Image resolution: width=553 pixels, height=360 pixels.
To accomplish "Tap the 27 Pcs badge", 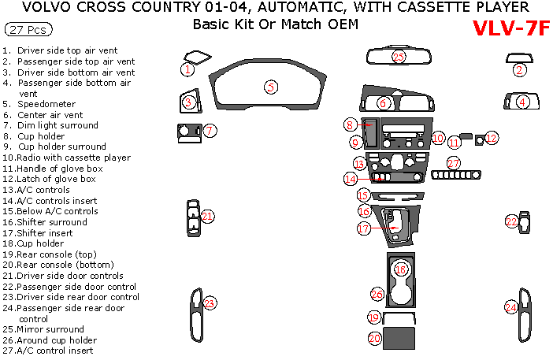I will pyautogui.click(x=26, y=30).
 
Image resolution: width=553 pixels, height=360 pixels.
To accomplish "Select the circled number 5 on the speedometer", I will pyautogui.click(x=271, y=87).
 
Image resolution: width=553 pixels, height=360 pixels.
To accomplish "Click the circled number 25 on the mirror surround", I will pyautogui.click(x=399, y=57).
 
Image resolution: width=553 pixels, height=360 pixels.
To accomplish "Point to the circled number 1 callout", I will pyautogui.click(x=187, y=70).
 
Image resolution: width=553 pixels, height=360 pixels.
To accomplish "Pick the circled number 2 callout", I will pyautogui.click(x=519, y=70).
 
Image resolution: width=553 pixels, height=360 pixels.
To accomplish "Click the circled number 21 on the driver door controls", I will pyautogui.click(x=207, y=216).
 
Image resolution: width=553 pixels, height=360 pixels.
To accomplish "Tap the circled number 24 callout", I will pyautogui.click(x=511, y=307).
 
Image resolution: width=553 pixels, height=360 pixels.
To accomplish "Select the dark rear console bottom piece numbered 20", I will pyautogui.click(x=398, y=338).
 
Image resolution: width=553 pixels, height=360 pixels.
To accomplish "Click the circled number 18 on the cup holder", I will pyautogui.click(x=401, y=269).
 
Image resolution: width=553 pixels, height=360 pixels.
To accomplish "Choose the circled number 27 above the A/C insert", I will pyautogui.click(x=454, y=163).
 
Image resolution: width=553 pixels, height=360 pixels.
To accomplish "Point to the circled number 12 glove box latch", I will pyautogui.click(x=492, y=138).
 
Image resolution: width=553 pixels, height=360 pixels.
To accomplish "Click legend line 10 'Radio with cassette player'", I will pyautogui.click(x=67, y=158).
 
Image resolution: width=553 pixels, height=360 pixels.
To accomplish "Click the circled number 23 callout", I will pyautogui.click(x=210, y=303).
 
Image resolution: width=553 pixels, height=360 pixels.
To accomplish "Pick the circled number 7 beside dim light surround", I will pyautogui.click(x=210, y=130).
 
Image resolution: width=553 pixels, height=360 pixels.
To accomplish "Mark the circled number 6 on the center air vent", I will pyautogui.click(x=383, y=103).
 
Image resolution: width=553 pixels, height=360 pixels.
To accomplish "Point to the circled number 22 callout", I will pyautogui.click(x=512, y=222).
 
